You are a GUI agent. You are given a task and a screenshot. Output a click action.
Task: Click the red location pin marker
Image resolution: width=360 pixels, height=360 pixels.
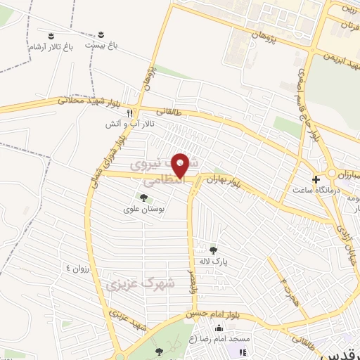pos(182,165)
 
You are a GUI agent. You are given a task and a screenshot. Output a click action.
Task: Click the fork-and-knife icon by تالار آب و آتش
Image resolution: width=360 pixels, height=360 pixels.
pos(129,113)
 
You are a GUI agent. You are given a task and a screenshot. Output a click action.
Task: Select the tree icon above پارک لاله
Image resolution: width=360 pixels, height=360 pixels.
pos(213,248)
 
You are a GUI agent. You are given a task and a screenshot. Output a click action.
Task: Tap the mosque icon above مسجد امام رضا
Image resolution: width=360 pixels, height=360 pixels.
pos(219,328)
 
